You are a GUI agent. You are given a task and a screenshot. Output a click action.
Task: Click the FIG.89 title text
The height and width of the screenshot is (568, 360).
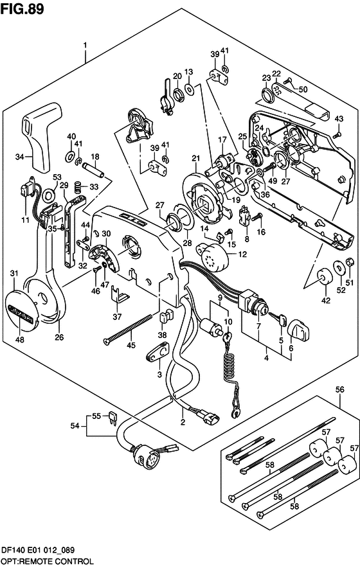click(x=22, y=8)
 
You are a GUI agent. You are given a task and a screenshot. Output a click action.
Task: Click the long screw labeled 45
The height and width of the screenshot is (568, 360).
click(x=127, y=330)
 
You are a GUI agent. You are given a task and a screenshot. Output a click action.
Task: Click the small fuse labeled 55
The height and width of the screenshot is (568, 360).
click(x=113, y=417)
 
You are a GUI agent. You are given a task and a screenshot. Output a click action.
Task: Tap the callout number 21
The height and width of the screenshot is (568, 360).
click(x=196, y=158)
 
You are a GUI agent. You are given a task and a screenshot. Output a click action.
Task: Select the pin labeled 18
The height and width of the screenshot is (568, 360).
click(x=94, y=170)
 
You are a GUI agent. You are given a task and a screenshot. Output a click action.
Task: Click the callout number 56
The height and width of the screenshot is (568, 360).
click(x=339, y=390)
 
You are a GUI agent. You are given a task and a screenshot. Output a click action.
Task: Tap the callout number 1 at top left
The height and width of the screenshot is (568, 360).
click(x=85, y=46)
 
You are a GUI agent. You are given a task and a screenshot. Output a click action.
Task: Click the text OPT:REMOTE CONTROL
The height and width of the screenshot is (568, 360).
click(x=47, y=562)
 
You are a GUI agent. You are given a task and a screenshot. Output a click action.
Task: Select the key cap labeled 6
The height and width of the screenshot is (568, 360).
click(x=298, y=331)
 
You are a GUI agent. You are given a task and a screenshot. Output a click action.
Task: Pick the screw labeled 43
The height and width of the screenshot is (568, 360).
click(x=336, y=135)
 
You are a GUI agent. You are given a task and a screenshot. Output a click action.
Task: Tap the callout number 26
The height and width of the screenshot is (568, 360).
click(x=59, y=337)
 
